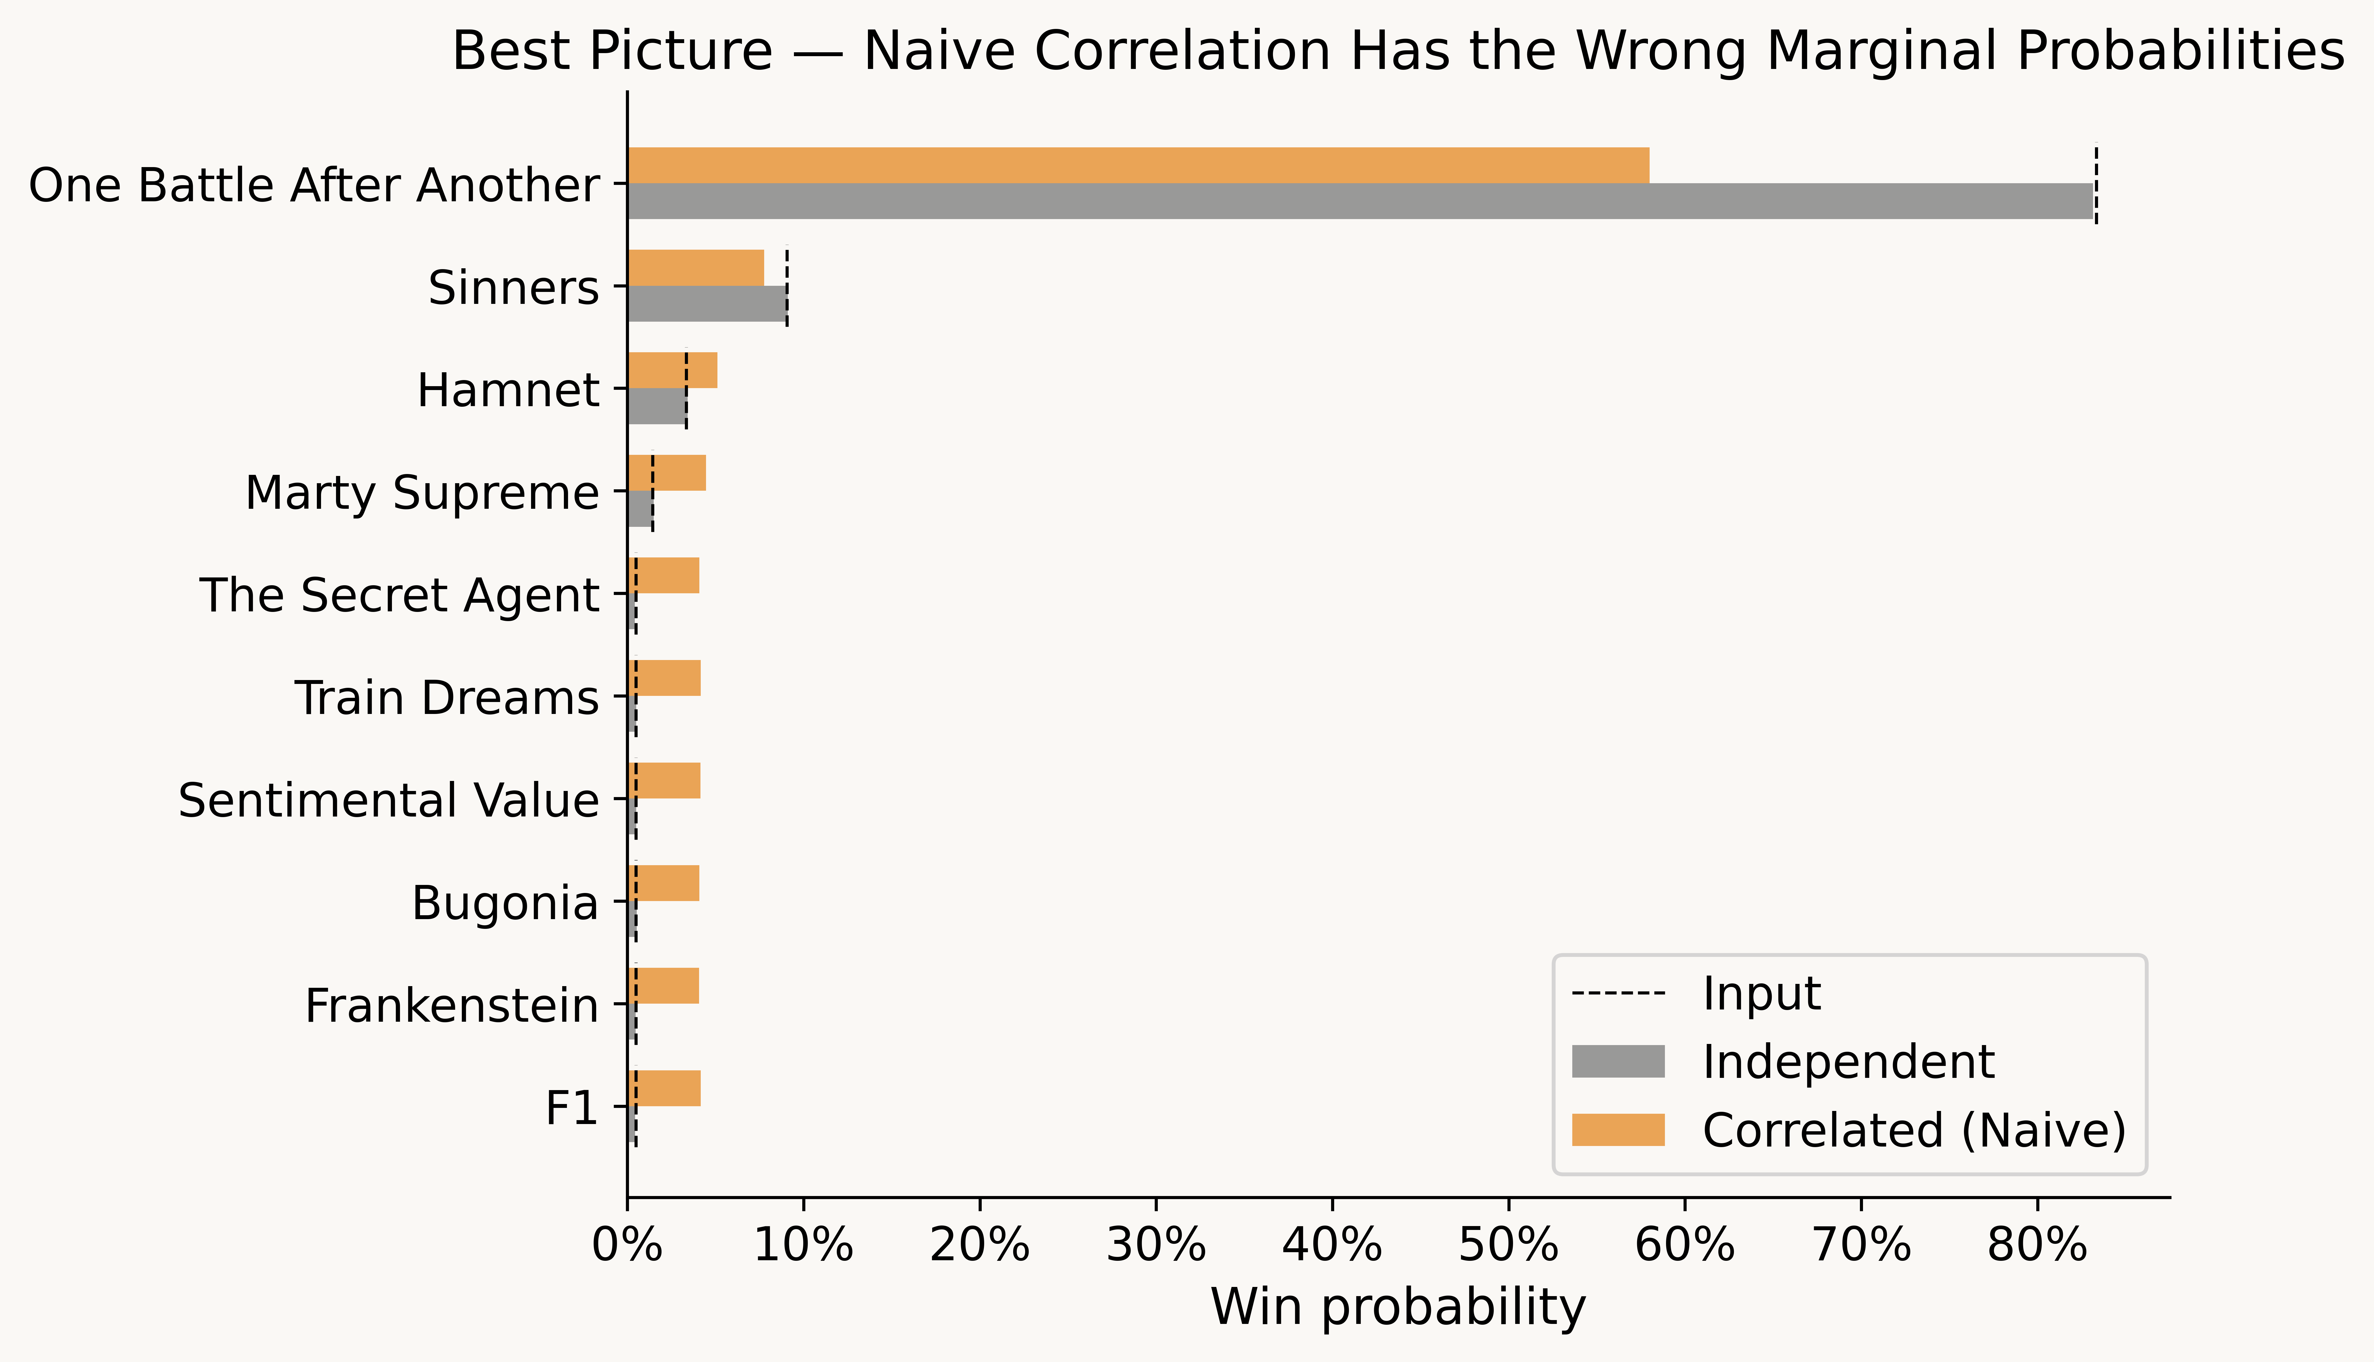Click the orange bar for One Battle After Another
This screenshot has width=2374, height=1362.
pos(1137,166)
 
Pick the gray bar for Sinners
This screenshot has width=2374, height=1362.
pos(707,304)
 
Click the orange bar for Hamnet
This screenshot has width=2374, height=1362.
pos(672,370)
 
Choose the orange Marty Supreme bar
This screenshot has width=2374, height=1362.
pos(666,472)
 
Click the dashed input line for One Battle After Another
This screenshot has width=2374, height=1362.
pos(2096,183)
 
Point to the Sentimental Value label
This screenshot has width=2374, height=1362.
pos(388,801)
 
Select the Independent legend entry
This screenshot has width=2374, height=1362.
pos(1848,1062)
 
